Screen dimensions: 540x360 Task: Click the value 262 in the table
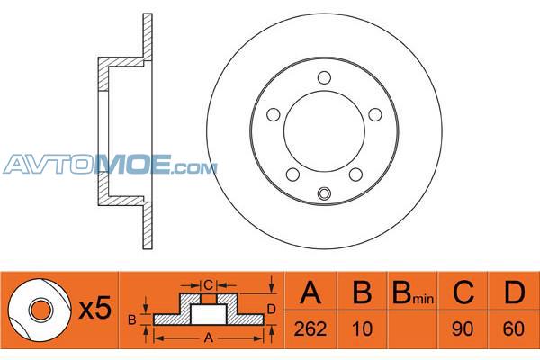coord(310,328)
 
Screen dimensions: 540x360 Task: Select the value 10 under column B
coord(363,328)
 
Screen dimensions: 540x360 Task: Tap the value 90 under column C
coord(463,328)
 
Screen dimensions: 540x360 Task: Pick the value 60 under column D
coord(514,328)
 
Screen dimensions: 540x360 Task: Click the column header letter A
coord(310,292)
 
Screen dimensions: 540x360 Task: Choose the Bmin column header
coord(413,292)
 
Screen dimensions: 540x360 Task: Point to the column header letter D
coord(514,292)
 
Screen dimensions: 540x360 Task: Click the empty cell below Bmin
coord(412,329)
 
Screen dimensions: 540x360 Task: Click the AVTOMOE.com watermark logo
coord(110,165)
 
